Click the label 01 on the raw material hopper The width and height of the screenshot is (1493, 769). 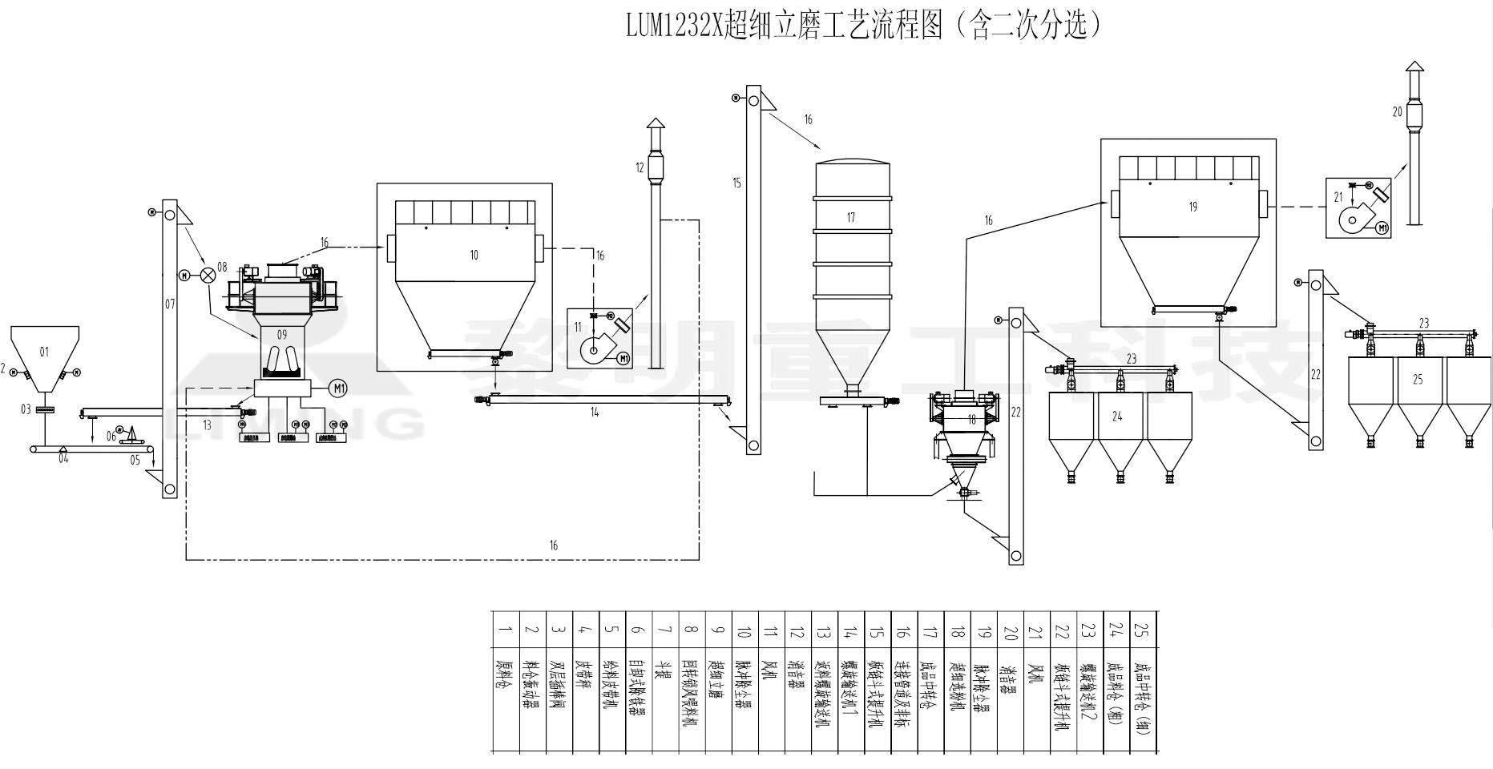(44, 352)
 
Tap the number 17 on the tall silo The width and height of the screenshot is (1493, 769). (850, 217)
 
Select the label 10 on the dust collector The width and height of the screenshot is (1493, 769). (474, 255)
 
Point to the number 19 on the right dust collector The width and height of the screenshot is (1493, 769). (1192, 207)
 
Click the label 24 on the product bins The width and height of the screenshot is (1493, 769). (1118, 416)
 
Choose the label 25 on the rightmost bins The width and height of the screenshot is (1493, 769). (1418, 379)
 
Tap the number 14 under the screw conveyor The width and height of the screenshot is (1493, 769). (594, 413)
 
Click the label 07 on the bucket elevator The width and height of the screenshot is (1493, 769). (169, 304)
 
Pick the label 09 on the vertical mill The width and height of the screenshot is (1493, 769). (281, 333)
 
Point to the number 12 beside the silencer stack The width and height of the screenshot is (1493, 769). (640, 167)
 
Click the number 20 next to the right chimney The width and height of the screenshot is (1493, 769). (1398, 112)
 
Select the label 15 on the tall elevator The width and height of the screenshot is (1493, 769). (737, 183)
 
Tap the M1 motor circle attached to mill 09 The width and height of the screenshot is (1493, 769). (340, 389)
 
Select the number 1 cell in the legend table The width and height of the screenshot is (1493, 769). (505, 629)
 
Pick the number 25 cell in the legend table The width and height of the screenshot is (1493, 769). (1143, 629)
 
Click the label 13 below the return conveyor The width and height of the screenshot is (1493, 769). (208, 425)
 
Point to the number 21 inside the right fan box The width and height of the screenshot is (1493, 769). (1338, 195)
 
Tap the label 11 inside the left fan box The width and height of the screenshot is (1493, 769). (578, 326)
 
